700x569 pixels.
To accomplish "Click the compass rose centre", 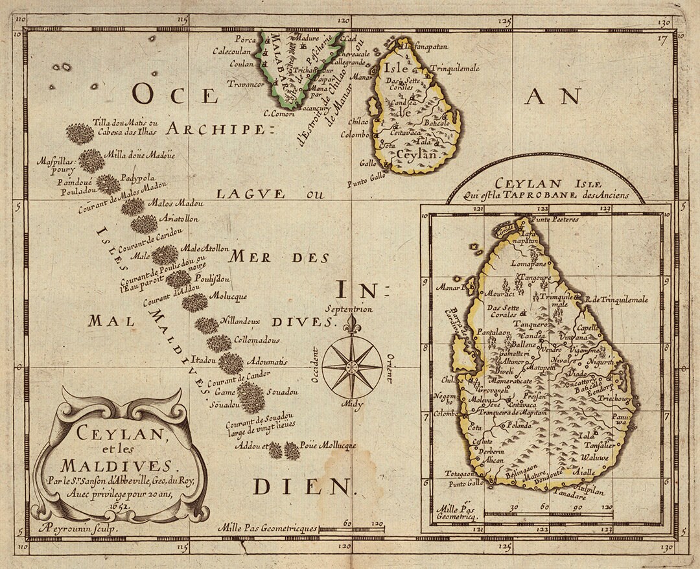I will pos(351,368).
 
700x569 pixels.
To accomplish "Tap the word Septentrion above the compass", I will pos(351,309).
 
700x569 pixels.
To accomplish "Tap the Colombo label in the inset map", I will pos(445,413).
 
